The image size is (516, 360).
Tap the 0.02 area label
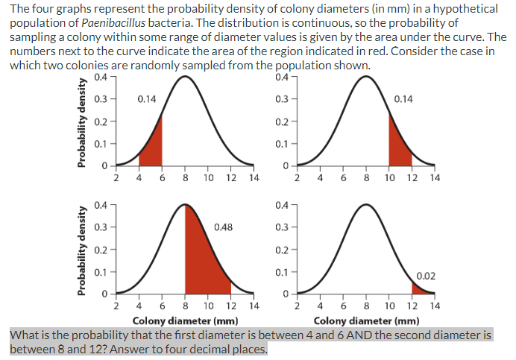coord(427,276)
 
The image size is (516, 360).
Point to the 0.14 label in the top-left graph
coord(147,98)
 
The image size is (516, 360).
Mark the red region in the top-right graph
coord(398,150)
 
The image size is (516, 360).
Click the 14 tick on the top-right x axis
coord(435,179)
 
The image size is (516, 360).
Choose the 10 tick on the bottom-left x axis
coord(208,306)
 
